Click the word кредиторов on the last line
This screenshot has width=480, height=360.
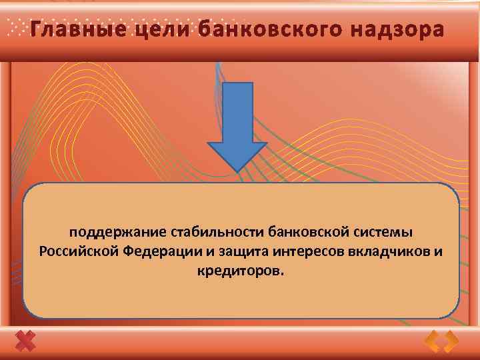pyautogui.click(x=239, y=271)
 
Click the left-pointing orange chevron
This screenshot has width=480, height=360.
pyautogui.click(x=433, y=342)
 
